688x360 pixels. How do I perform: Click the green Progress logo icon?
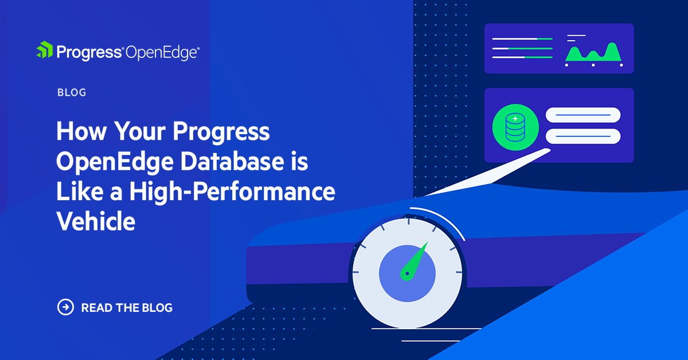pos(45,50)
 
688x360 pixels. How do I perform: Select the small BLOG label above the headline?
pos(72,92)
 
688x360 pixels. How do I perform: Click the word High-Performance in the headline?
pos(232,192)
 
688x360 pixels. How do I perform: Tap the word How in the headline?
pos(80,132)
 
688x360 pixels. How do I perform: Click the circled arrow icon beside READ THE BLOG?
pos(66,307)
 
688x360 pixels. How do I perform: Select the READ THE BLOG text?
pos(127,308)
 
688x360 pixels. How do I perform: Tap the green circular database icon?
pos(515,127)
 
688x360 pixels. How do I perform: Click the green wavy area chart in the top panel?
pos(593,53)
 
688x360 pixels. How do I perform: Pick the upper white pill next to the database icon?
pos(583,115)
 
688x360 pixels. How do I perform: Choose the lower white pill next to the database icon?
pos(583,136)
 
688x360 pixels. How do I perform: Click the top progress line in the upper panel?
pos(522,39)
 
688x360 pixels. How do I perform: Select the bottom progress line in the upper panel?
pos(522,57)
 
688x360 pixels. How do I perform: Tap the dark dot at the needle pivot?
pos(407,274)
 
